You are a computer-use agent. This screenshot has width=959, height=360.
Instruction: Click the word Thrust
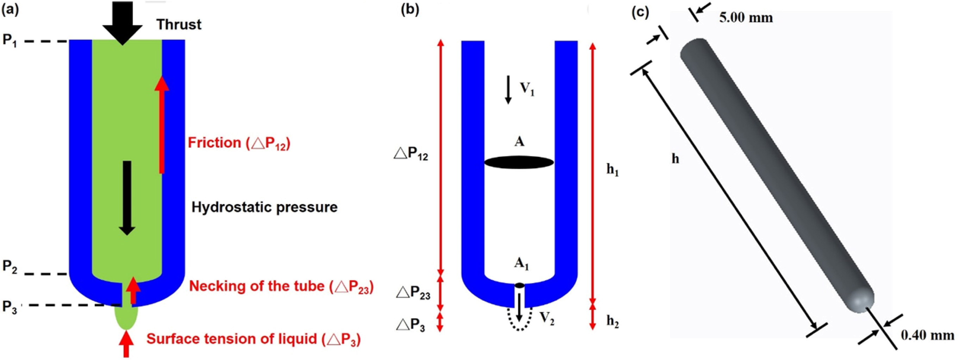click(x=179, y=25)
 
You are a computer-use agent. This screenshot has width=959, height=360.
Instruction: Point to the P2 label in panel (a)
click(x=10, y=266)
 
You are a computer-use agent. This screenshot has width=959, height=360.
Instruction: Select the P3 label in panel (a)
click(x=10, y=307)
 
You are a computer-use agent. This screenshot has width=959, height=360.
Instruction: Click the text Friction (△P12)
click(x=239, y=143)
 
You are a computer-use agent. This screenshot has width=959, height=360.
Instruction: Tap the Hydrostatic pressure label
click(x=264, y=207)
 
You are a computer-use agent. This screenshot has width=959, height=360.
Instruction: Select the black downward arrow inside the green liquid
click(x=127, y=197)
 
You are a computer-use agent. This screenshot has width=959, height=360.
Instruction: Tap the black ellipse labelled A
click(x=519, y=163)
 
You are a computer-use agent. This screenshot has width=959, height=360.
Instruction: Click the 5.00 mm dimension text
click(x=746, y=18)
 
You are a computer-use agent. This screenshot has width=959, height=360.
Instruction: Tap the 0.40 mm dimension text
click(x=927, y=336)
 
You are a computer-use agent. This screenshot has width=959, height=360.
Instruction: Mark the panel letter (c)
click(x=641, y=13)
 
